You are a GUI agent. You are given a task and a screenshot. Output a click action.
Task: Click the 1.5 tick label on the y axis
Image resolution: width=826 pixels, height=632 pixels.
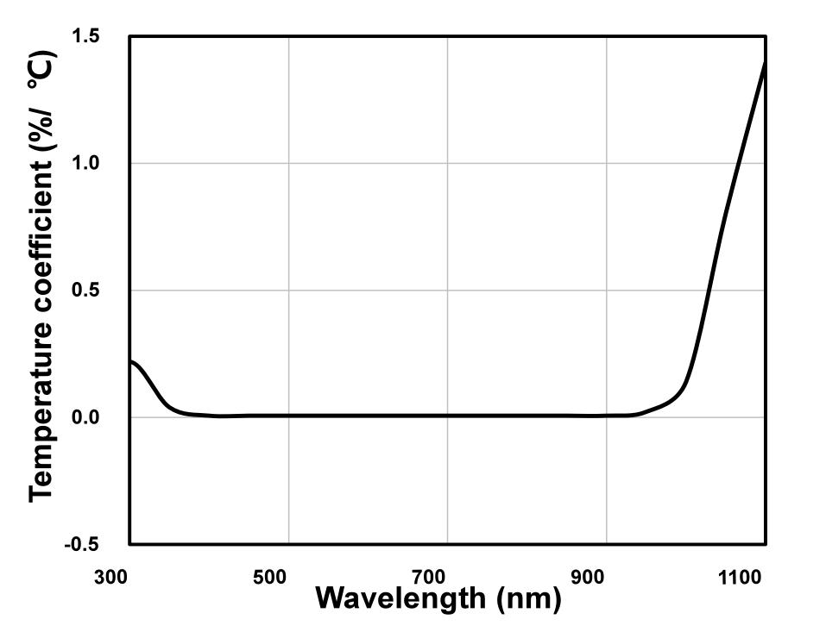pos(88,36)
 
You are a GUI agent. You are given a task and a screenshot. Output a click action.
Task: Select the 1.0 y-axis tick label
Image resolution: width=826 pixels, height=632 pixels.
pos(88,163)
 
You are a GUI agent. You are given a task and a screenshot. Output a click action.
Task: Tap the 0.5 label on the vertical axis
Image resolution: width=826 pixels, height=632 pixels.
pos(88,291)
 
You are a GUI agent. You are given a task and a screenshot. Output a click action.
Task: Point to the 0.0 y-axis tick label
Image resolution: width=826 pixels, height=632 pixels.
pos(88,417)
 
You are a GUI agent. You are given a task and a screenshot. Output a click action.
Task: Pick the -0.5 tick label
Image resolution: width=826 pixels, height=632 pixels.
pos(84,544)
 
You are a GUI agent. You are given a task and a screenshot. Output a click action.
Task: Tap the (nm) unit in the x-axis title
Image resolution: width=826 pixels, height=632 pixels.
pos(529,597)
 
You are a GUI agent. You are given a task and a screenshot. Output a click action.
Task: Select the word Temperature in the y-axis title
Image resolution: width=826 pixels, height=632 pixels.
pos(41,415)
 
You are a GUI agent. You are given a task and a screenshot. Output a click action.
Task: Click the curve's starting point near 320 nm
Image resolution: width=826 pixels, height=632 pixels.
pos(131,361)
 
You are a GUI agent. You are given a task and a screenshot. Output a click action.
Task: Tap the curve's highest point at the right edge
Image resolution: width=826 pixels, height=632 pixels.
pos(766,62)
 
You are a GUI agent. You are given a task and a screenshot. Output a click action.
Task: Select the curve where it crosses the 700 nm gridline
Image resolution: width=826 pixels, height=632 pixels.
pos(447,416)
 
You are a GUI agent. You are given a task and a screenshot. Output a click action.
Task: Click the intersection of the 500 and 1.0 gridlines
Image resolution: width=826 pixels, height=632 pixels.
pos(288,163)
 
